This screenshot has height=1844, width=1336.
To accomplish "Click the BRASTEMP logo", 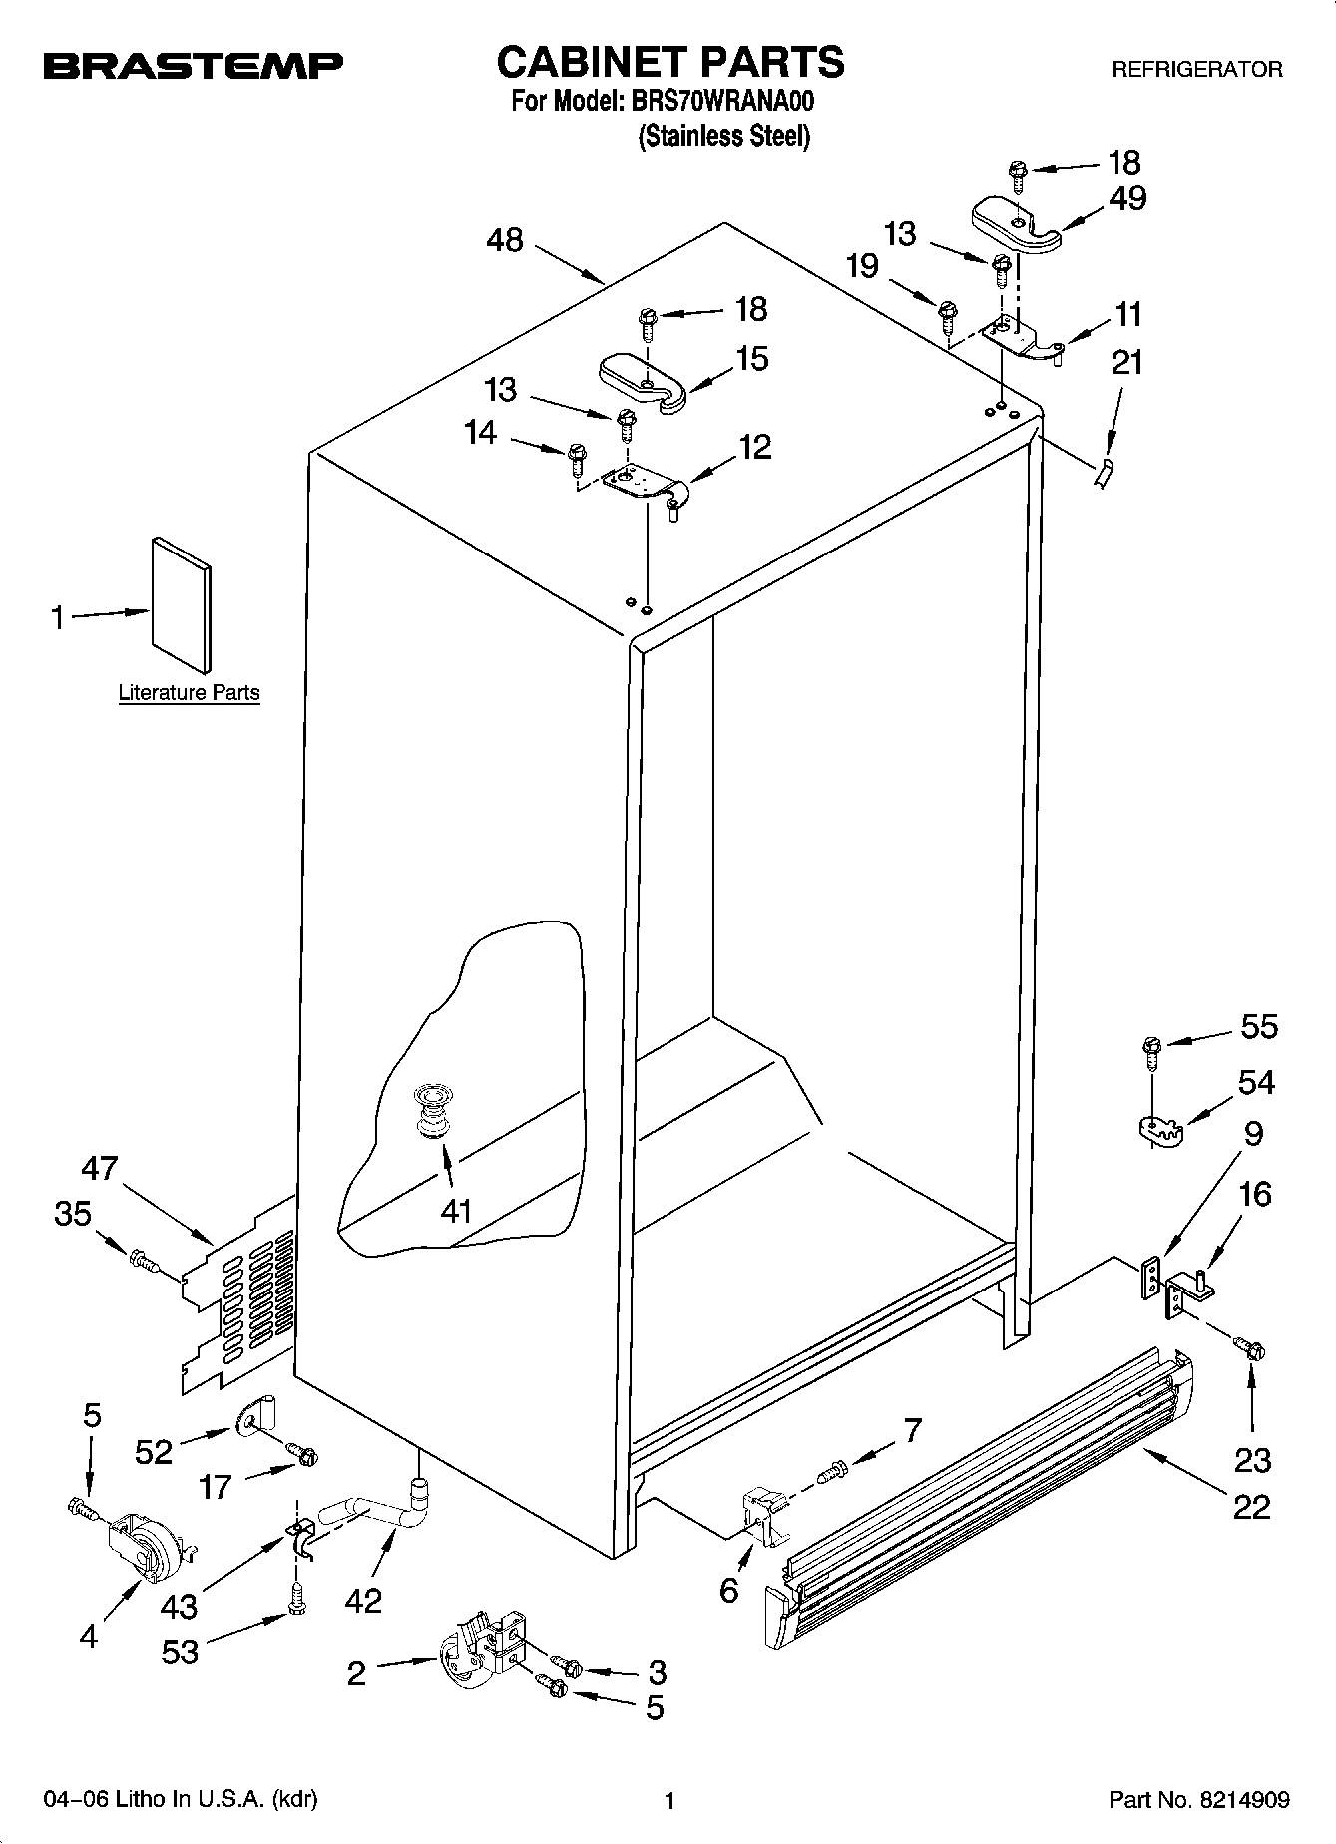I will pyautogui.click(x=193, y=67).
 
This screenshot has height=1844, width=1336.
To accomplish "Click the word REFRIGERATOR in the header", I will pyautogui.click(x=1197, y=70).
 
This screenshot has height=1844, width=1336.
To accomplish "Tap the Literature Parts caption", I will pyautogui.click(x=189, y=692).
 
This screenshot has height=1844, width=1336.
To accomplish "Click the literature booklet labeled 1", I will pyautogui.click(x=181, y=604).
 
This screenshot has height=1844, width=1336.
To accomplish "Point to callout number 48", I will pyautogui.click(x=506, y=240).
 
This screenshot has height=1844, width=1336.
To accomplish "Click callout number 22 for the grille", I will pyautogui.click(x=1251, y=1505).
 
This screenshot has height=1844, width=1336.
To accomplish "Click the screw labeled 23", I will pyautogui.click(x=1249, y=1348).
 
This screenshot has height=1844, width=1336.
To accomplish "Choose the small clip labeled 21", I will pyautogui.click(x=1103, y=473).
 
